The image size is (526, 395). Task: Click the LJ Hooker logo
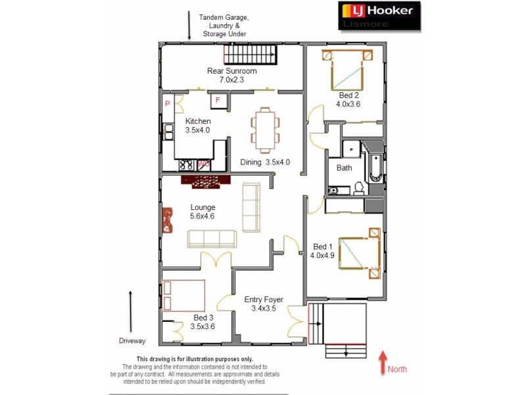379,16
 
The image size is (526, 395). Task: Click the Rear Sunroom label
231,75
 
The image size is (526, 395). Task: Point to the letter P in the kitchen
168,104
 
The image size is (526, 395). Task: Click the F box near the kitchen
218,100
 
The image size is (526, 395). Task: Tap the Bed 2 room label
347,99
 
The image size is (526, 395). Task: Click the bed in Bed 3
184,295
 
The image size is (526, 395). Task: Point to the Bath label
344,168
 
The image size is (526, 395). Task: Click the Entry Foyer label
263,303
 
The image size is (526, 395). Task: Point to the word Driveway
132,341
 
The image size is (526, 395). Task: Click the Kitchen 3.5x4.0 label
198,125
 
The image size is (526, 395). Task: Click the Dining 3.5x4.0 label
265,162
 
